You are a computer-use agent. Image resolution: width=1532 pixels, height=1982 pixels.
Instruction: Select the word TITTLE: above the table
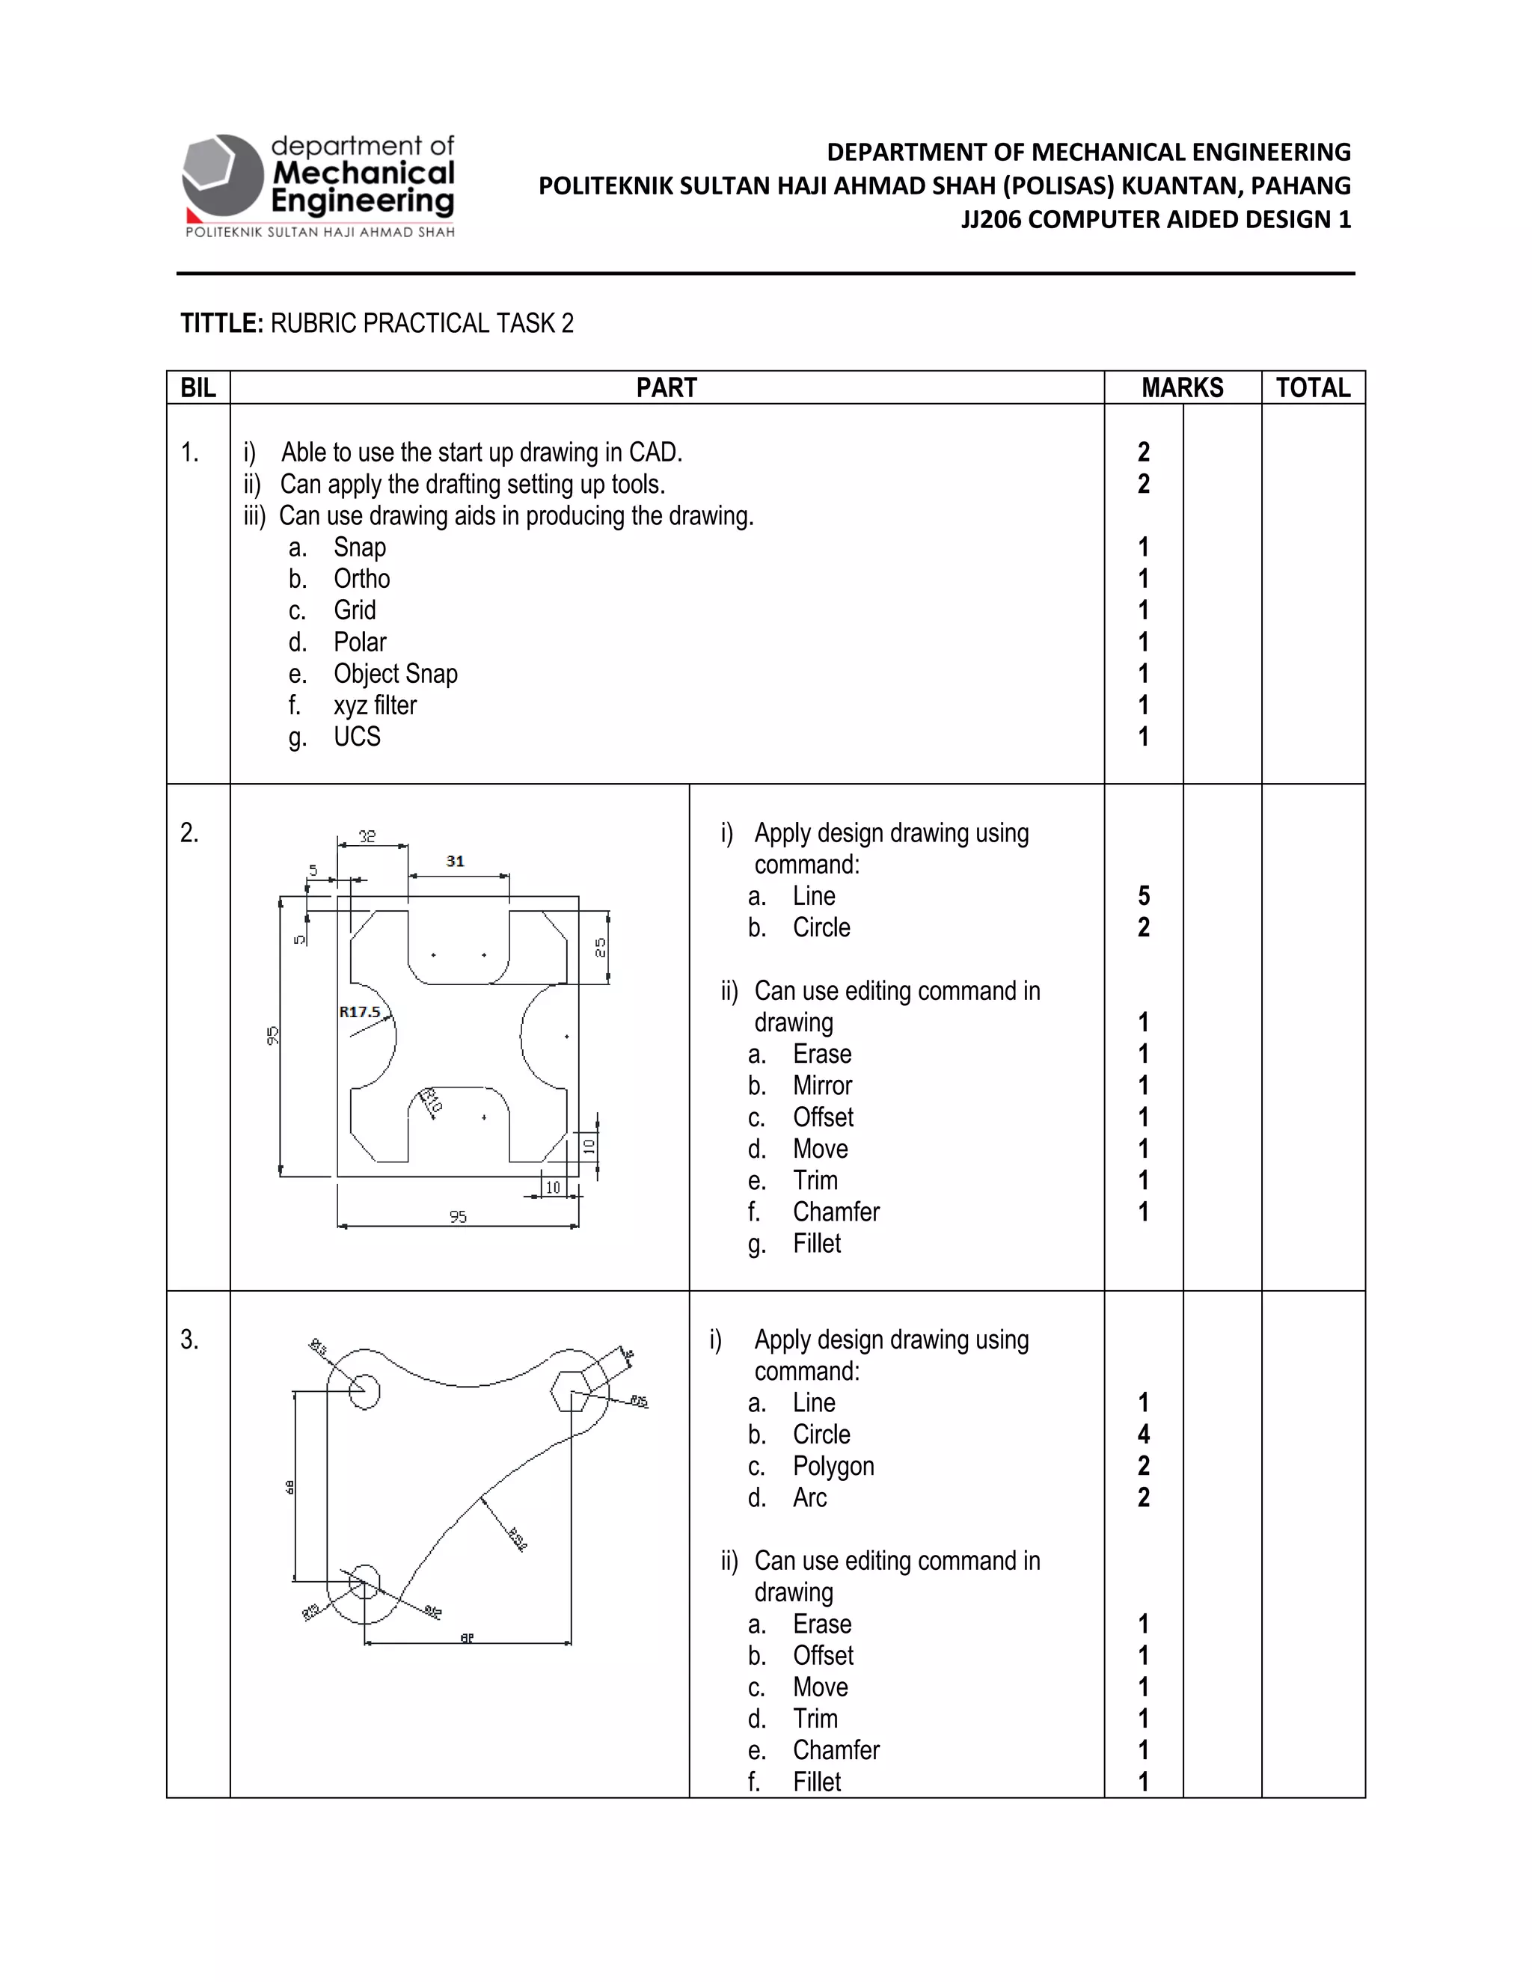point(221,324)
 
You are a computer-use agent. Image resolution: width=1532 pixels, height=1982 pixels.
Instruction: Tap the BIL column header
point(197,388)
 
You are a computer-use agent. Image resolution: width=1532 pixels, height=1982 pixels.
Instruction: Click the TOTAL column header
point(1312,388)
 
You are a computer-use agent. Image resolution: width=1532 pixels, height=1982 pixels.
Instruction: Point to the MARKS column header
point(1182,388)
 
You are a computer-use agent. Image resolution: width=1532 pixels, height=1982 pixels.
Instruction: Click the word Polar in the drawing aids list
point(359,642)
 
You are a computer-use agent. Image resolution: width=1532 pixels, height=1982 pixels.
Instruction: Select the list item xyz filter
point(375,705)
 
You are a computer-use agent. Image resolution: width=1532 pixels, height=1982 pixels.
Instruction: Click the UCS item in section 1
point(357,737)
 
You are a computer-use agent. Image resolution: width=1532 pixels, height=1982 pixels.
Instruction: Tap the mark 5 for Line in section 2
point(1144,897)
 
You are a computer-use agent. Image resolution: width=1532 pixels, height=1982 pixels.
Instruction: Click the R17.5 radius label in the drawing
point(359,1012)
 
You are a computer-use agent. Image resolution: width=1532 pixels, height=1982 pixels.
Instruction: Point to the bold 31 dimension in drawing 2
point(456,861)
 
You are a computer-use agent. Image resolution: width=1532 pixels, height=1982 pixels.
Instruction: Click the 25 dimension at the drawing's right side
point(600,948)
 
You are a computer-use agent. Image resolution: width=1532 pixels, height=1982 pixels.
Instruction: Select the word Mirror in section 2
point(822,1086)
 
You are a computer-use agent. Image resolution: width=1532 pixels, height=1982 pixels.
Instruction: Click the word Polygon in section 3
point(833,1467)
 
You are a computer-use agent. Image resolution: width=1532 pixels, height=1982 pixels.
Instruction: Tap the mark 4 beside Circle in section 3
point(1144,1435)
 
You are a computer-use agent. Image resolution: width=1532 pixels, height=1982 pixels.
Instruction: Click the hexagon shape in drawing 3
point(572,1391)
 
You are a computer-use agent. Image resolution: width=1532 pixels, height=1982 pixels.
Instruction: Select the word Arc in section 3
point(809,1498)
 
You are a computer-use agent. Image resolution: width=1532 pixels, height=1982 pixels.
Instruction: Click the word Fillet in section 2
point(817,1245)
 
